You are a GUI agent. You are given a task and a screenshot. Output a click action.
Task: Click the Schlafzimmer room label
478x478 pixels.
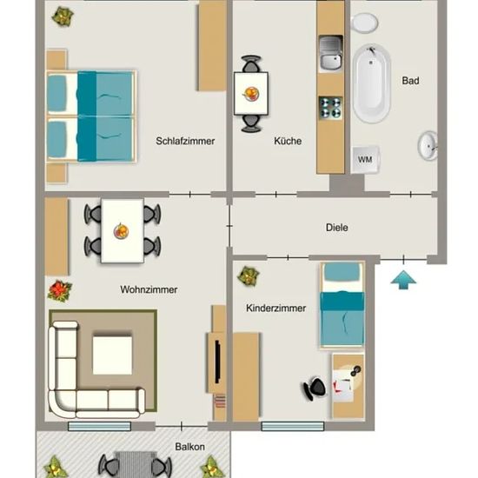coord(185,141)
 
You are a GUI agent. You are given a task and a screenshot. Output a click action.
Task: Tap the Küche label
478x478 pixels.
coord(288,141)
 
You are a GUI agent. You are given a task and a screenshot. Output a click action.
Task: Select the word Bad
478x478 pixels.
coord(410,81)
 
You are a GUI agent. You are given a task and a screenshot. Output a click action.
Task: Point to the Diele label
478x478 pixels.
coord(337,228)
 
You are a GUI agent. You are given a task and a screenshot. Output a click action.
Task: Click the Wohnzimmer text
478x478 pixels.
coord(149,289)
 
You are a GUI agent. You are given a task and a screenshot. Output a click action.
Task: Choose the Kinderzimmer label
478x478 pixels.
coord(276,308)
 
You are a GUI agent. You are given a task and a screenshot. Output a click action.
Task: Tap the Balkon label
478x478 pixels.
coord(189,447)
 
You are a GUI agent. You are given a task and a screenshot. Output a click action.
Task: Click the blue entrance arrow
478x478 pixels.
coord(403,280)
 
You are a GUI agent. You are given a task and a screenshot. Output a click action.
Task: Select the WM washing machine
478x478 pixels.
coord(365,159)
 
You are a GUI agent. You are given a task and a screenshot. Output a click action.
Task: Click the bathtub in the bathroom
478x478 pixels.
coord(372,83)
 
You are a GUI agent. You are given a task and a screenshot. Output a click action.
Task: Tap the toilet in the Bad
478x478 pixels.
coord(364,23)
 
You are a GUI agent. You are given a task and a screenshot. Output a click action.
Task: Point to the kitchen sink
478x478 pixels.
coord(330,53)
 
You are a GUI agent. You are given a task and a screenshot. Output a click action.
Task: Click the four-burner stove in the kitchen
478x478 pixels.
coord(330,108)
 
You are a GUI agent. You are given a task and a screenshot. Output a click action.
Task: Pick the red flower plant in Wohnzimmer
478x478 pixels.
coord(60,289)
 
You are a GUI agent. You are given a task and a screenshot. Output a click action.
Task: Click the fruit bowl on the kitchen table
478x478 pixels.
coord(251,94)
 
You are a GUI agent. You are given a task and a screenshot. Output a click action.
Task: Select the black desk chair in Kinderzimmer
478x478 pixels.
coord(315,388)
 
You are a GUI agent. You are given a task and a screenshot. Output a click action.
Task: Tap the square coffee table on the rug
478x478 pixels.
coord(112,355)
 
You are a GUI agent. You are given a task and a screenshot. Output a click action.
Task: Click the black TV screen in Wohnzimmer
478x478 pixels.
coord(217,362)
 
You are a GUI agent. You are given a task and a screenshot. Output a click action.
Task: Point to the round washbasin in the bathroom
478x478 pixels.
coord(428,146)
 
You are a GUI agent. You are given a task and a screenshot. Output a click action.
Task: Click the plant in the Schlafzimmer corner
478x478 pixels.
coord(63,17)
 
